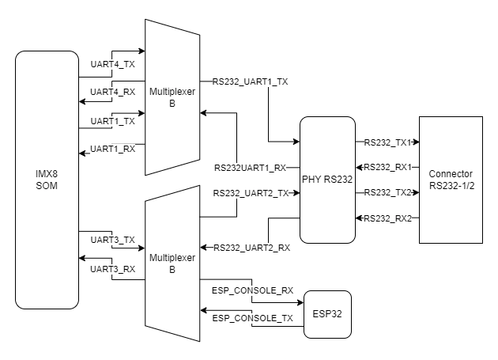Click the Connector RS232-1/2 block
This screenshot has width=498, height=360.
[x=450, y=180]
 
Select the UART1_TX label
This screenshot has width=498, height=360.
[x=113, y=121]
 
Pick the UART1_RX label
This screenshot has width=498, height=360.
[x=113, y=148]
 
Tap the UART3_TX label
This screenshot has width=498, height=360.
[x=113, y=239]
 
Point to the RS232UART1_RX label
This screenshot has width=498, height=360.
[x=250, y=168]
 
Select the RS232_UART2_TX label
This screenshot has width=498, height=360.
[x=251, y=193]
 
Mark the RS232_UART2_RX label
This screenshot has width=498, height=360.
[x=251, y=248]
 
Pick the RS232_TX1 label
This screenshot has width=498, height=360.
[x=385, y=143]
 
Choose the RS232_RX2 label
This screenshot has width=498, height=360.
[x=385, y=218]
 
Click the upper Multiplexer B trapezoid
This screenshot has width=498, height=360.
[x=172, y=97]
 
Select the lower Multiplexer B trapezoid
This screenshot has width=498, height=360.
[x=172, y=263]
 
